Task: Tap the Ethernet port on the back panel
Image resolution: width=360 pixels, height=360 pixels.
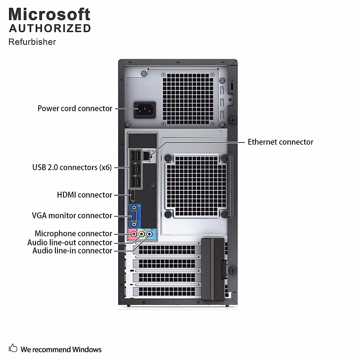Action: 146,155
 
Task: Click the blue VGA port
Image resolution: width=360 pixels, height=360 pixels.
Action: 134,216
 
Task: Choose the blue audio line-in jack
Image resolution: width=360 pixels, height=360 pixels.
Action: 150,234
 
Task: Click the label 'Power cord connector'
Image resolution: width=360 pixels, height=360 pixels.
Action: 75,108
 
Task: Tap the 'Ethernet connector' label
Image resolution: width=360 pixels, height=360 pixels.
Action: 280,142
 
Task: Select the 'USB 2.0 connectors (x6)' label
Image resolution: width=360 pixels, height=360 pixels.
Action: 72,167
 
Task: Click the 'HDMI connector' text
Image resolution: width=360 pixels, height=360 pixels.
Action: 85,195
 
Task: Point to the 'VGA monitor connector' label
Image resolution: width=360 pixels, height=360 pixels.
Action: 72,215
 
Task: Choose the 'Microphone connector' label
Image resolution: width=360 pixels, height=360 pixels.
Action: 73,233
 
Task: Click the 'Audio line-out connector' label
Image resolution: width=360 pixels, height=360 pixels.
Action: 70,242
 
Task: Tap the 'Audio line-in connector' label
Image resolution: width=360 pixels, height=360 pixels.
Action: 72,250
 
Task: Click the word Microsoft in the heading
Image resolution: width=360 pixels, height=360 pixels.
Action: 49,14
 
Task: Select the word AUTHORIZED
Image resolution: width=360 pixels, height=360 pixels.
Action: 50,28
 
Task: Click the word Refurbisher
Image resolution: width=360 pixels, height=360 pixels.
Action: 32,42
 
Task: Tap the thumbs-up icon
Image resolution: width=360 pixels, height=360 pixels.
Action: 13,348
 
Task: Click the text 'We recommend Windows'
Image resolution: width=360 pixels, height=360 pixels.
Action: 61,349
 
